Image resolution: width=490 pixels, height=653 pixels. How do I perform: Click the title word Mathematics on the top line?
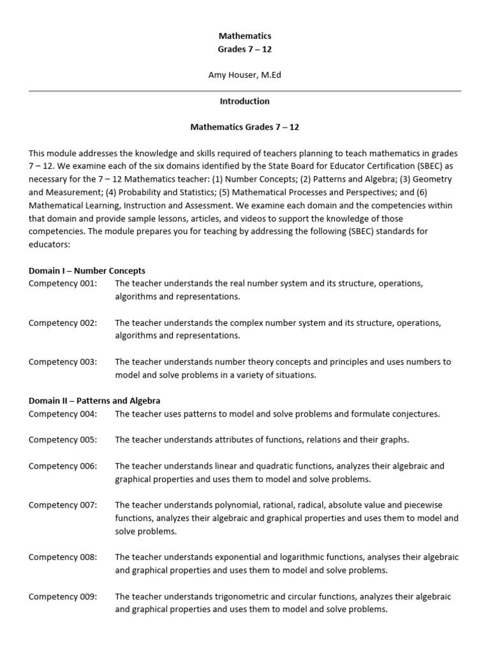click(245, 36)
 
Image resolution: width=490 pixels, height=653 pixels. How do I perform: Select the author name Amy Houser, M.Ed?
click(245, 75)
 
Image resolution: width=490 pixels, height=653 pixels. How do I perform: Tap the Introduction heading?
click(245, 101)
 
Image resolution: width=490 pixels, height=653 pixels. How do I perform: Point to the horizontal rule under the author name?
click(245, 91)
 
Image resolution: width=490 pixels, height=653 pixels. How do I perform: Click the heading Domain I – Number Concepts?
click(87, 271)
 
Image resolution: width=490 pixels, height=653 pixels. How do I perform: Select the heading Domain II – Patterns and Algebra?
click(94, 401)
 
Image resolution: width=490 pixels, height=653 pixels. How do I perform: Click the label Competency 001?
click(63, 284)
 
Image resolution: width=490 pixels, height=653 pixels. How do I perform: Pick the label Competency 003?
click(63, 362)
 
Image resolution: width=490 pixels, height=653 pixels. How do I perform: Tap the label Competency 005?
click(63, 440)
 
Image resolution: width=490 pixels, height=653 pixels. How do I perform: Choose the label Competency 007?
click(63, 505)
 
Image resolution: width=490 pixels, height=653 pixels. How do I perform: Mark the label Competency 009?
click(63, 597)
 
